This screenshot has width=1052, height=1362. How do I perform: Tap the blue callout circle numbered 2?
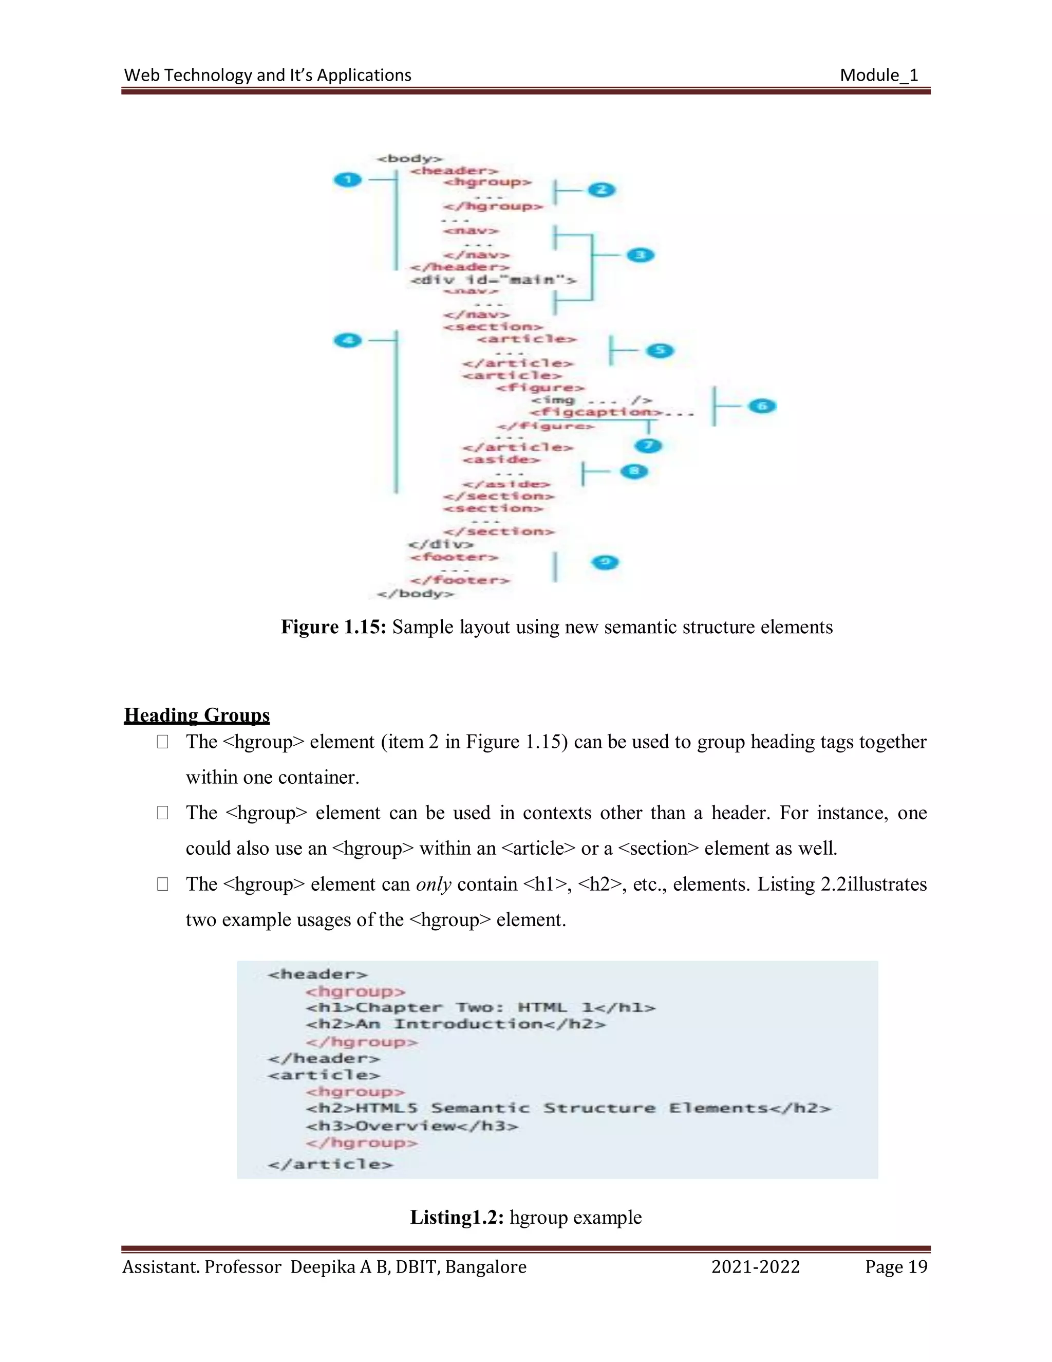pyautogui.click(x=602, y=190)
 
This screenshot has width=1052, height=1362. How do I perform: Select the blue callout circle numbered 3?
pyautogui.click(x=640, y=255)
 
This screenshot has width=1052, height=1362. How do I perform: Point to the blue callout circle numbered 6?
pyautogui.click(x=762, y=406)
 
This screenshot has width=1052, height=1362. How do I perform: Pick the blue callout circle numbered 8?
pyautogui.click(x=634, y=471)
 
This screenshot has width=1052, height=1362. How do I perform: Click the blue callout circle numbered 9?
pyautogui.click(x=605, y=562)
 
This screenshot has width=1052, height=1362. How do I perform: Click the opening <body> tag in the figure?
pyautogui.click(x=409, y=158)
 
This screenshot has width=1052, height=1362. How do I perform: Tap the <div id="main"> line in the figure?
pyautogui.click(x=492, y=280)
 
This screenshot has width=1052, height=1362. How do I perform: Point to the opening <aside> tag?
pyautogui.click(x=501, y=459)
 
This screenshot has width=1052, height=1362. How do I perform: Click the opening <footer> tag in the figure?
pyautogui.click(x=454, y=557)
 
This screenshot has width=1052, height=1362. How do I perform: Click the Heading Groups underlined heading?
pyautogui.click(x=197, y=715)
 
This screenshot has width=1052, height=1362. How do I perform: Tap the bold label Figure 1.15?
pyautogui.click(x=333, y=627)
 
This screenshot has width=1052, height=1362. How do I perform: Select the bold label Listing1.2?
pyautogui.click(x=456, y=1217)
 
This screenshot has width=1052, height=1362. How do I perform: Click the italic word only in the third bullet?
pyautogui.click(x=433, y=885)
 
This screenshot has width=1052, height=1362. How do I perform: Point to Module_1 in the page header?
pyautogui.click(x=879, y=76)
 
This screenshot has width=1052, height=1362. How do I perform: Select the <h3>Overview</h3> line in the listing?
pyautogui.click(x=411, y=1126)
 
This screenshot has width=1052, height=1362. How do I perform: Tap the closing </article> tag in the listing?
pyautogui.click(x=330, y=1164)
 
